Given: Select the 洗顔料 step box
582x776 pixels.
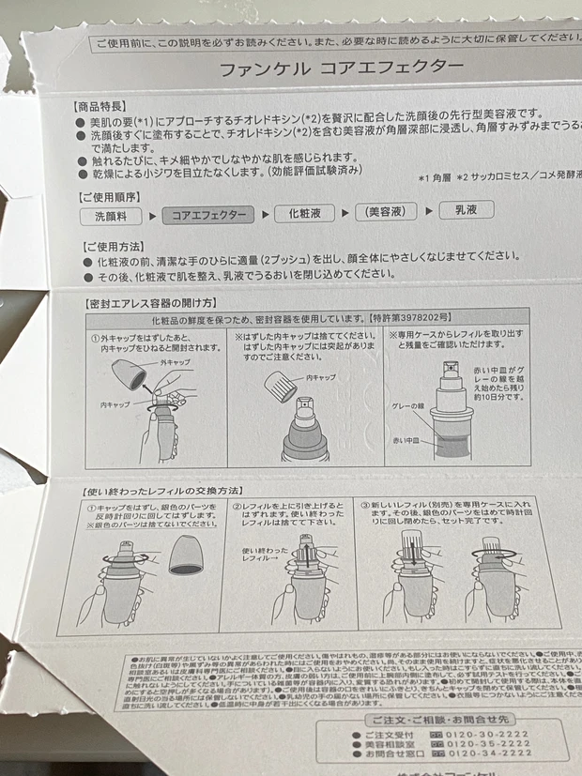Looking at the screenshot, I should pyautogui.click(x=118, y=215).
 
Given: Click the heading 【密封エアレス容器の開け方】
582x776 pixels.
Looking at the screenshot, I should pyautogui.click(x=151, y=303).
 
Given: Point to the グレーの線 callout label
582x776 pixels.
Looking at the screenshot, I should pyautogui.click(x=410, y=406).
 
